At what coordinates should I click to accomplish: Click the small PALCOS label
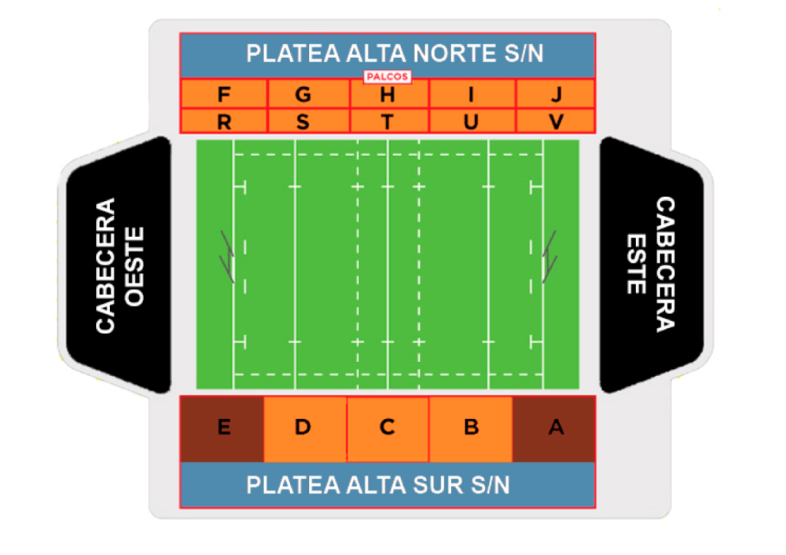387,77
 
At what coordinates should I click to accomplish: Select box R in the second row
224,122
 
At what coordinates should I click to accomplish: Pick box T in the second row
387,122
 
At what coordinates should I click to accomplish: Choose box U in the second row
472,122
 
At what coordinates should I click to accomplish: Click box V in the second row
556,122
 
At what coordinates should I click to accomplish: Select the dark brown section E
222,429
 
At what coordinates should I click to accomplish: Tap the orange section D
304,429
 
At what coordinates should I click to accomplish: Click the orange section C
387,429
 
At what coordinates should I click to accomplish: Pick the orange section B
470,429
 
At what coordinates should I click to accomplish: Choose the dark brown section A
554,429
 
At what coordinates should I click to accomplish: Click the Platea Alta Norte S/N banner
387,54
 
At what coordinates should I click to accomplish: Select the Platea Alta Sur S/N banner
387,485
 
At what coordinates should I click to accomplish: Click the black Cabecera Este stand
652,265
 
